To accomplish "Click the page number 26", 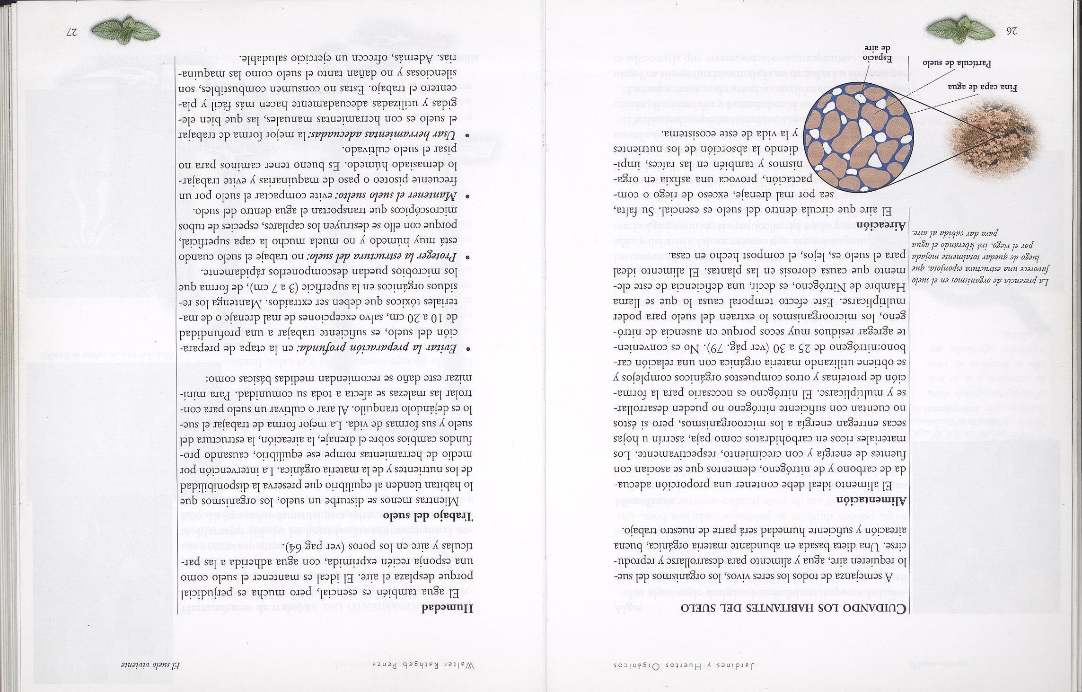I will [x=1012, y=31].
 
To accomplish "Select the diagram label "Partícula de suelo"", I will [x=960, y=76].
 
